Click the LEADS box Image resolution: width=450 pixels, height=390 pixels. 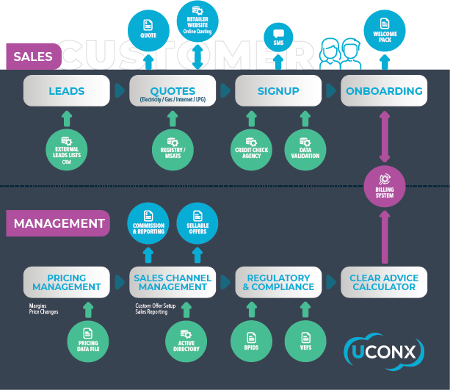point(66,91)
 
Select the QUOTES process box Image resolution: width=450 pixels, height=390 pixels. point(173,93)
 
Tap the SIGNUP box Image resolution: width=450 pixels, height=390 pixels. point(278,91)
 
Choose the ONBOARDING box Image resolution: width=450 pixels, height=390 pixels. point(384,91)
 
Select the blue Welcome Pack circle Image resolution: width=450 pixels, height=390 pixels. point(384,32)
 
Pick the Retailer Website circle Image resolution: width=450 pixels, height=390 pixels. point(198,21)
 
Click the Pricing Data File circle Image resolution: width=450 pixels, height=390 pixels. point(87,341)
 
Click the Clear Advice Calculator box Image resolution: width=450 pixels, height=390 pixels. point(384,282)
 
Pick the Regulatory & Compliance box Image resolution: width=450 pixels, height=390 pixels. point(278,282)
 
